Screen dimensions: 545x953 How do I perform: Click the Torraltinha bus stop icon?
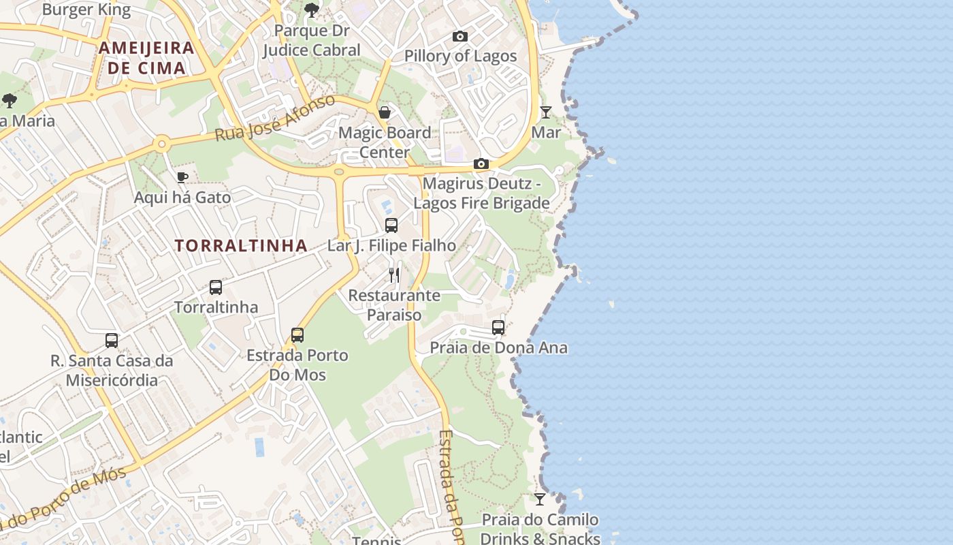[x=216, y=287]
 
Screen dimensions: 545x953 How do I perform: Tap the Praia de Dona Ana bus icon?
[x=498, y=328]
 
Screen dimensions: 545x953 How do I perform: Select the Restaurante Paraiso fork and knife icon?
[x=394, y=275]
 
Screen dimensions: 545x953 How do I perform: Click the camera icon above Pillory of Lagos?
[x=460, y=37]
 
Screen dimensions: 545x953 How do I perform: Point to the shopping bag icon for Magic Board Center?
[x=385, y=112]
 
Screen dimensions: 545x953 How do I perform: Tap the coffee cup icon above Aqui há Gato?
[x=182, y=178]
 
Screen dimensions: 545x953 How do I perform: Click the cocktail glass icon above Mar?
[x=546, y=112]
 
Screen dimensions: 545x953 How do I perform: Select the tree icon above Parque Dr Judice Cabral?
[x=312, y=10]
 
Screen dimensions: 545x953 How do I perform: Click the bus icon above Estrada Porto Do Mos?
[x=297, y=335]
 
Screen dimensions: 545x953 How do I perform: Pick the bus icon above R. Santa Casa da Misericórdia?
[x=112, y=341]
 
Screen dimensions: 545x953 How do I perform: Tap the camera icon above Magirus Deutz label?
[x=481, y=164]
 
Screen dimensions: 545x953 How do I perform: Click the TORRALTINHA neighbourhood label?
[x=241, y=246]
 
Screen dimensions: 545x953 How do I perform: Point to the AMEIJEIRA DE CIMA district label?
[x=146, y=58]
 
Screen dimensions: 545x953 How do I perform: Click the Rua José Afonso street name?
[x=275, y=119]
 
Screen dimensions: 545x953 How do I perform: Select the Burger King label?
[x=86, y=10]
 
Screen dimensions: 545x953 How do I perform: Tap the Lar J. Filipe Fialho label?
[x=392, y=245]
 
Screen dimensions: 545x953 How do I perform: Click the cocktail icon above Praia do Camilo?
[x=540, y=499]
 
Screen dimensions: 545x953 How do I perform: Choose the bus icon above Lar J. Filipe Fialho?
[x=391, y=225]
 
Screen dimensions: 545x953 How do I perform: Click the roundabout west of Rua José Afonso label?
[x=161, y=144]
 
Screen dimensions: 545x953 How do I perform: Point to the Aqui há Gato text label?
[x=182, y=198]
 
